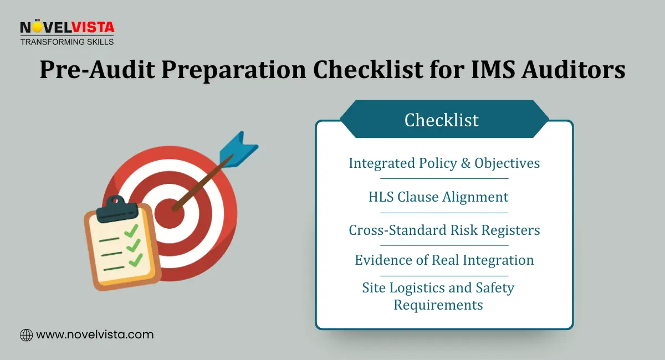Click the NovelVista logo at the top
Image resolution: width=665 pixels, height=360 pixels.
click(66, 27)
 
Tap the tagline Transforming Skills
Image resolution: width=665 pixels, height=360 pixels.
click(66, 42)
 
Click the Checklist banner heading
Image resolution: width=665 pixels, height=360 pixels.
click(442, 120)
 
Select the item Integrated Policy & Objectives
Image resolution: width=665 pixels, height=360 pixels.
click(444, 163)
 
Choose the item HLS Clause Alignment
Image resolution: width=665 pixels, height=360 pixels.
click(438, 197)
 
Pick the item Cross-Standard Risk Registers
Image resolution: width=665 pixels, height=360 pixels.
click(444, 230)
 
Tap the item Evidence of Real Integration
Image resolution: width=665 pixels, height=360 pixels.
click(444, 260)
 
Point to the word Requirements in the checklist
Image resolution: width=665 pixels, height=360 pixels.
click(438, 305)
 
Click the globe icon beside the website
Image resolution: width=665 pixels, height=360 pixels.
click(26, 335)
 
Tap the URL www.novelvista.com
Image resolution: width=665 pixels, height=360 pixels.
click(95, 335)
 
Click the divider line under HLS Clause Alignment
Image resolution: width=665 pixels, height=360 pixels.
click(444, 213)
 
